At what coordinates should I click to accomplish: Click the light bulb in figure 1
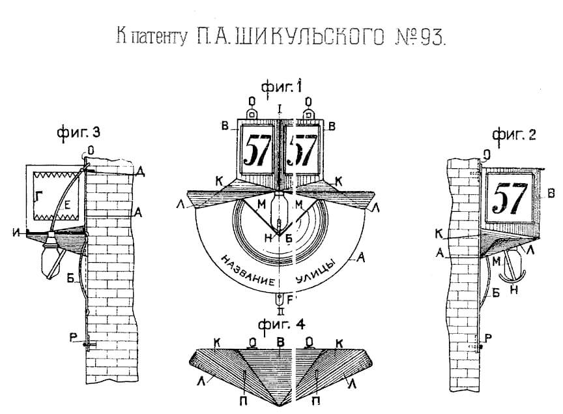279,210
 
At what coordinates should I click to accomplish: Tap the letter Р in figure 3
77,336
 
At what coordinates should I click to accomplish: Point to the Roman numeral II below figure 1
280,310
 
